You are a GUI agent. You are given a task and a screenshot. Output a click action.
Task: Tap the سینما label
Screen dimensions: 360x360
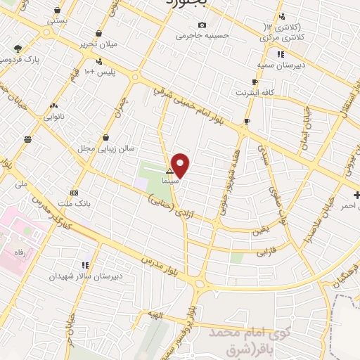[x=169, y=181]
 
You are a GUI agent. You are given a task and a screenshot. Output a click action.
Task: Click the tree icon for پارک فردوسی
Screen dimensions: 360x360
[x=18, y=49]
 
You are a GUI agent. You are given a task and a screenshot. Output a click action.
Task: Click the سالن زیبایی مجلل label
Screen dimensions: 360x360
[x=106, y=148]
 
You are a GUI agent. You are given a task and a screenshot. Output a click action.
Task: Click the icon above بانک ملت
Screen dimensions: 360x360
[x=75, y=193]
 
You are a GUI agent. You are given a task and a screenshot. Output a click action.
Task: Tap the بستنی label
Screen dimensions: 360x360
[x=57, y=22]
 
